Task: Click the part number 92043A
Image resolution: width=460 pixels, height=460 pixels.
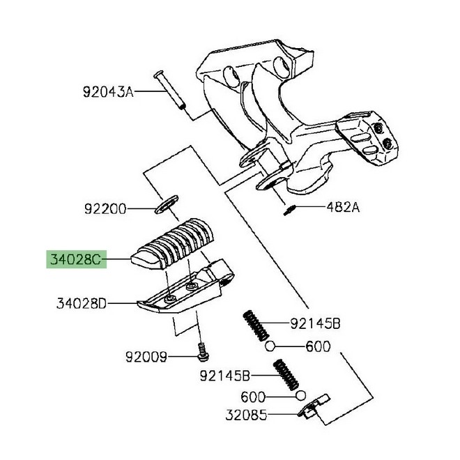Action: click(x=108, y=92)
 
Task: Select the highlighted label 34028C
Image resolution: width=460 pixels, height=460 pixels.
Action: click(x=75, y=260)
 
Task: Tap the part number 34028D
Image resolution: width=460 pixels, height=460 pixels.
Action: click(x=82, y=303)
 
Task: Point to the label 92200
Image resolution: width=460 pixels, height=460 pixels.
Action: click(x=105, y=209)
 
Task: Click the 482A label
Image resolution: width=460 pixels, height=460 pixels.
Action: click(x=343, y=208)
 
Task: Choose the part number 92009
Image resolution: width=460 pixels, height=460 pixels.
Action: click(x=146, y=357)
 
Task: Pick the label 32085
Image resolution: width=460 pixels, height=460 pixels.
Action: click(x=247, y=415)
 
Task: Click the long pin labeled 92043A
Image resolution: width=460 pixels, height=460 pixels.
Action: click(x=169, y=90)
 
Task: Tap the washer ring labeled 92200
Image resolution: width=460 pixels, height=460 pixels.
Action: click(x=167, y=204)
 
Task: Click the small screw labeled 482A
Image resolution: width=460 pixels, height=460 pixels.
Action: click(x=289, y=210)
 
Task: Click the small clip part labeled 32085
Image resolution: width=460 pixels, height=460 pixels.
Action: click(x=314, y=406)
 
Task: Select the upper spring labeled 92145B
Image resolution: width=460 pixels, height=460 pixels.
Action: click(x=256, y=325)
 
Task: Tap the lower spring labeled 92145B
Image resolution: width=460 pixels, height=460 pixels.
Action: click(x=286, y=375)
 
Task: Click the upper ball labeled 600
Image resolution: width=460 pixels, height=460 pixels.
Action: click(x=270, y=346)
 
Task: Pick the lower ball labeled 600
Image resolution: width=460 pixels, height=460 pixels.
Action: click(x=300, y=396)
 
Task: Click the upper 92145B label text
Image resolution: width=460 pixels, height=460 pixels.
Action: click(x=315, y=324)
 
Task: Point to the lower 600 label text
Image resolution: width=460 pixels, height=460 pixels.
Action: click(x=253, y=397)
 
